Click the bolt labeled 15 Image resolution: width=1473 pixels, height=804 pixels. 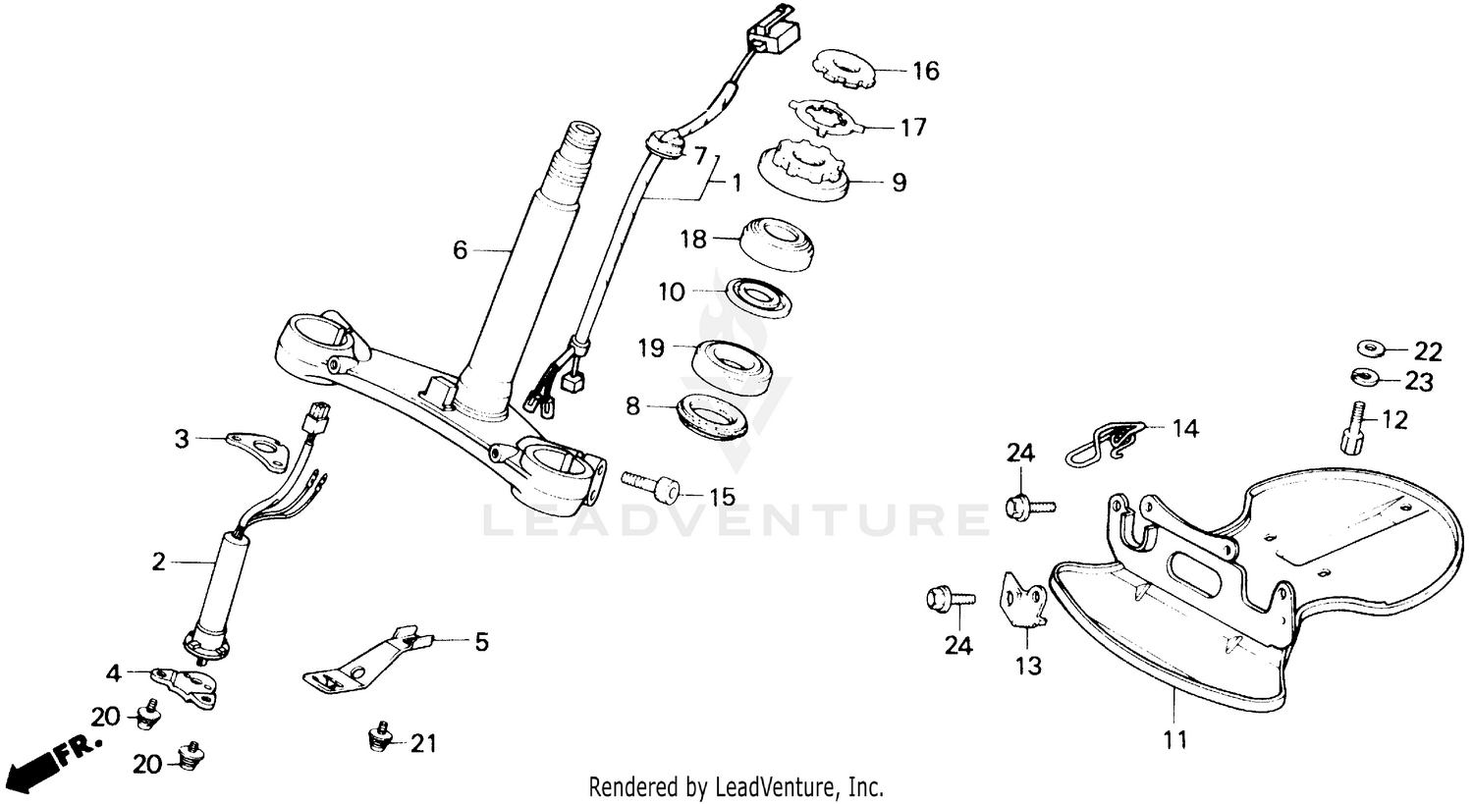(650, 484)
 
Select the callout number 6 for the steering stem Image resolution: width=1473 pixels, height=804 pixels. (460, 250)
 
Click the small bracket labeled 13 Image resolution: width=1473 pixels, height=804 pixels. (1022, 600)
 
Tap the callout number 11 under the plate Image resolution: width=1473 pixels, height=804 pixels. (1175, 738)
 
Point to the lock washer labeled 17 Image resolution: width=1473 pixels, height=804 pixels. (829, 118)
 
